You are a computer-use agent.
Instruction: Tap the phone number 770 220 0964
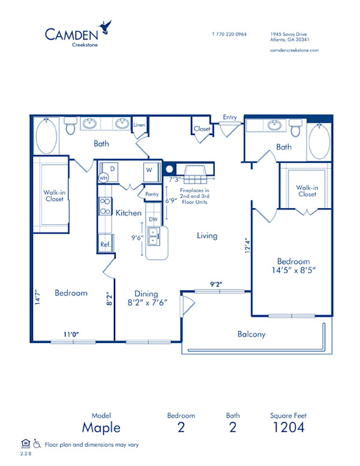coord(229,34)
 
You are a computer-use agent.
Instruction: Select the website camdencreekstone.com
coord(294,50)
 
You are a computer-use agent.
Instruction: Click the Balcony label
coord(251,334)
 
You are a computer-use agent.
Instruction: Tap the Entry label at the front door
coord(229,117)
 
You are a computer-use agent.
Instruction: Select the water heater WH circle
coord(103,178)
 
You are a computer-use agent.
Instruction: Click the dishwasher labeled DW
coord(153,220)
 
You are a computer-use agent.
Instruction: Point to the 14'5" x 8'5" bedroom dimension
coord(293,270)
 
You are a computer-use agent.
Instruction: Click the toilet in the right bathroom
coord(295,127)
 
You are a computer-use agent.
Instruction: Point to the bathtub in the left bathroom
coord(46,136)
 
